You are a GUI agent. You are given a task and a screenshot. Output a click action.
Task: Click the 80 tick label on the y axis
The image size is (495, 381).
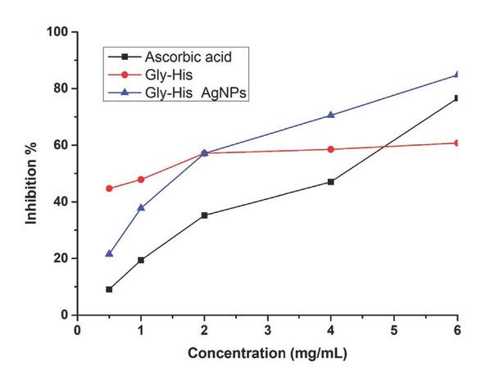(x=61, y=88)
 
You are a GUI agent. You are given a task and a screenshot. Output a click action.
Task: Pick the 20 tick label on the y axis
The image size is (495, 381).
(x=61, y=258)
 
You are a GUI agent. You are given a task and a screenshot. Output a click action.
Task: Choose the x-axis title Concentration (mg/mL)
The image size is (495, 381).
(x=267, y=355)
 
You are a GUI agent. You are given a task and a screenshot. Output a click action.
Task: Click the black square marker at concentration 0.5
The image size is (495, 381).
(x=109, y=289)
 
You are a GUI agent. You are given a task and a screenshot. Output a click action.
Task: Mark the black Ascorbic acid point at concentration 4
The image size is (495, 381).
(x=331, y=182)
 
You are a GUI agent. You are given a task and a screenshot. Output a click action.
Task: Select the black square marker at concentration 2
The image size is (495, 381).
(x=204, y=215)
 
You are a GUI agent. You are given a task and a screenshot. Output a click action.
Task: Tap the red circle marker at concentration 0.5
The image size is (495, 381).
(x=109, y=188)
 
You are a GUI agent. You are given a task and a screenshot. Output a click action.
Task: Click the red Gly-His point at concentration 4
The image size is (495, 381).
(x=331, y=149)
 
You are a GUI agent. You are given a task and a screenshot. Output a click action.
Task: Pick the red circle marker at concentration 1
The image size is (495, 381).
(x=141, y=179)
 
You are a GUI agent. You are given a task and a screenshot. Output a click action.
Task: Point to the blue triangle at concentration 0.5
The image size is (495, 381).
(x=109, y=253)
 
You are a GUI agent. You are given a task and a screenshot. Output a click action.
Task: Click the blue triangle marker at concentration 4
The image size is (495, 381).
(x=331, y=115)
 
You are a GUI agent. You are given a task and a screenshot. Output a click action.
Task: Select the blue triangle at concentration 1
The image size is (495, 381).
(x=141, y=207)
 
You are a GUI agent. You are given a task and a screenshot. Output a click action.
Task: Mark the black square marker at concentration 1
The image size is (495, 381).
(x=141, y=260)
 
